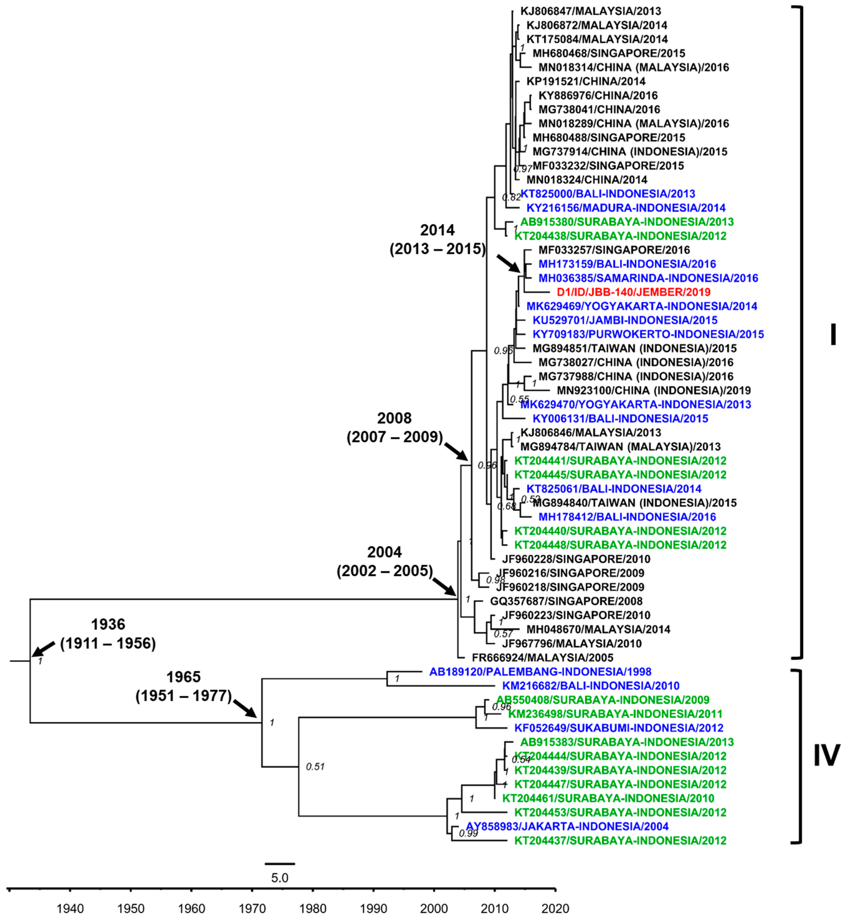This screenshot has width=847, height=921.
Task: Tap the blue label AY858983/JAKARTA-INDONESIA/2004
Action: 567,826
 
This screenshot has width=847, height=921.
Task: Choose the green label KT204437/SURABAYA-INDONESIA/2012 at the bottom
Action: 620,840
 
